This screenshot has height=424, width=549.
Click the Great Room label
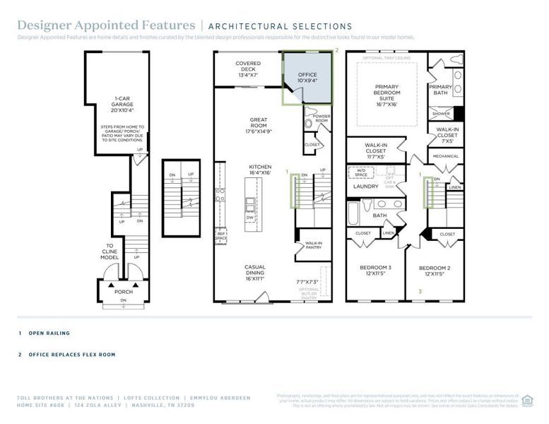259,125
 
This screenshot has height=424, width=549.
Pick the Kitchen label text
259,170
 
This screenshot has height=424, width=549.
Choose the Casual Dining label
255,273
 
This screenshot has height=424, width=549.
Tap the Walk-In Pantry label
314,246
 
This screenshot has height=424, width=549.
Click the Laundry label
367,187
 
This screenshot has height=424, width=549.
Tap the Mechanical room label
445,156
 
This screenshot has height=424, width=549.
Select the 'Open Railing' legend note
49,333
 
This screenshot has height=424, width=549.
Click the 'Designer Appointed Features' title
106,26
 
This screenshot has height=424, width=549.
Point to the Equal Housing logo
527,400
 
